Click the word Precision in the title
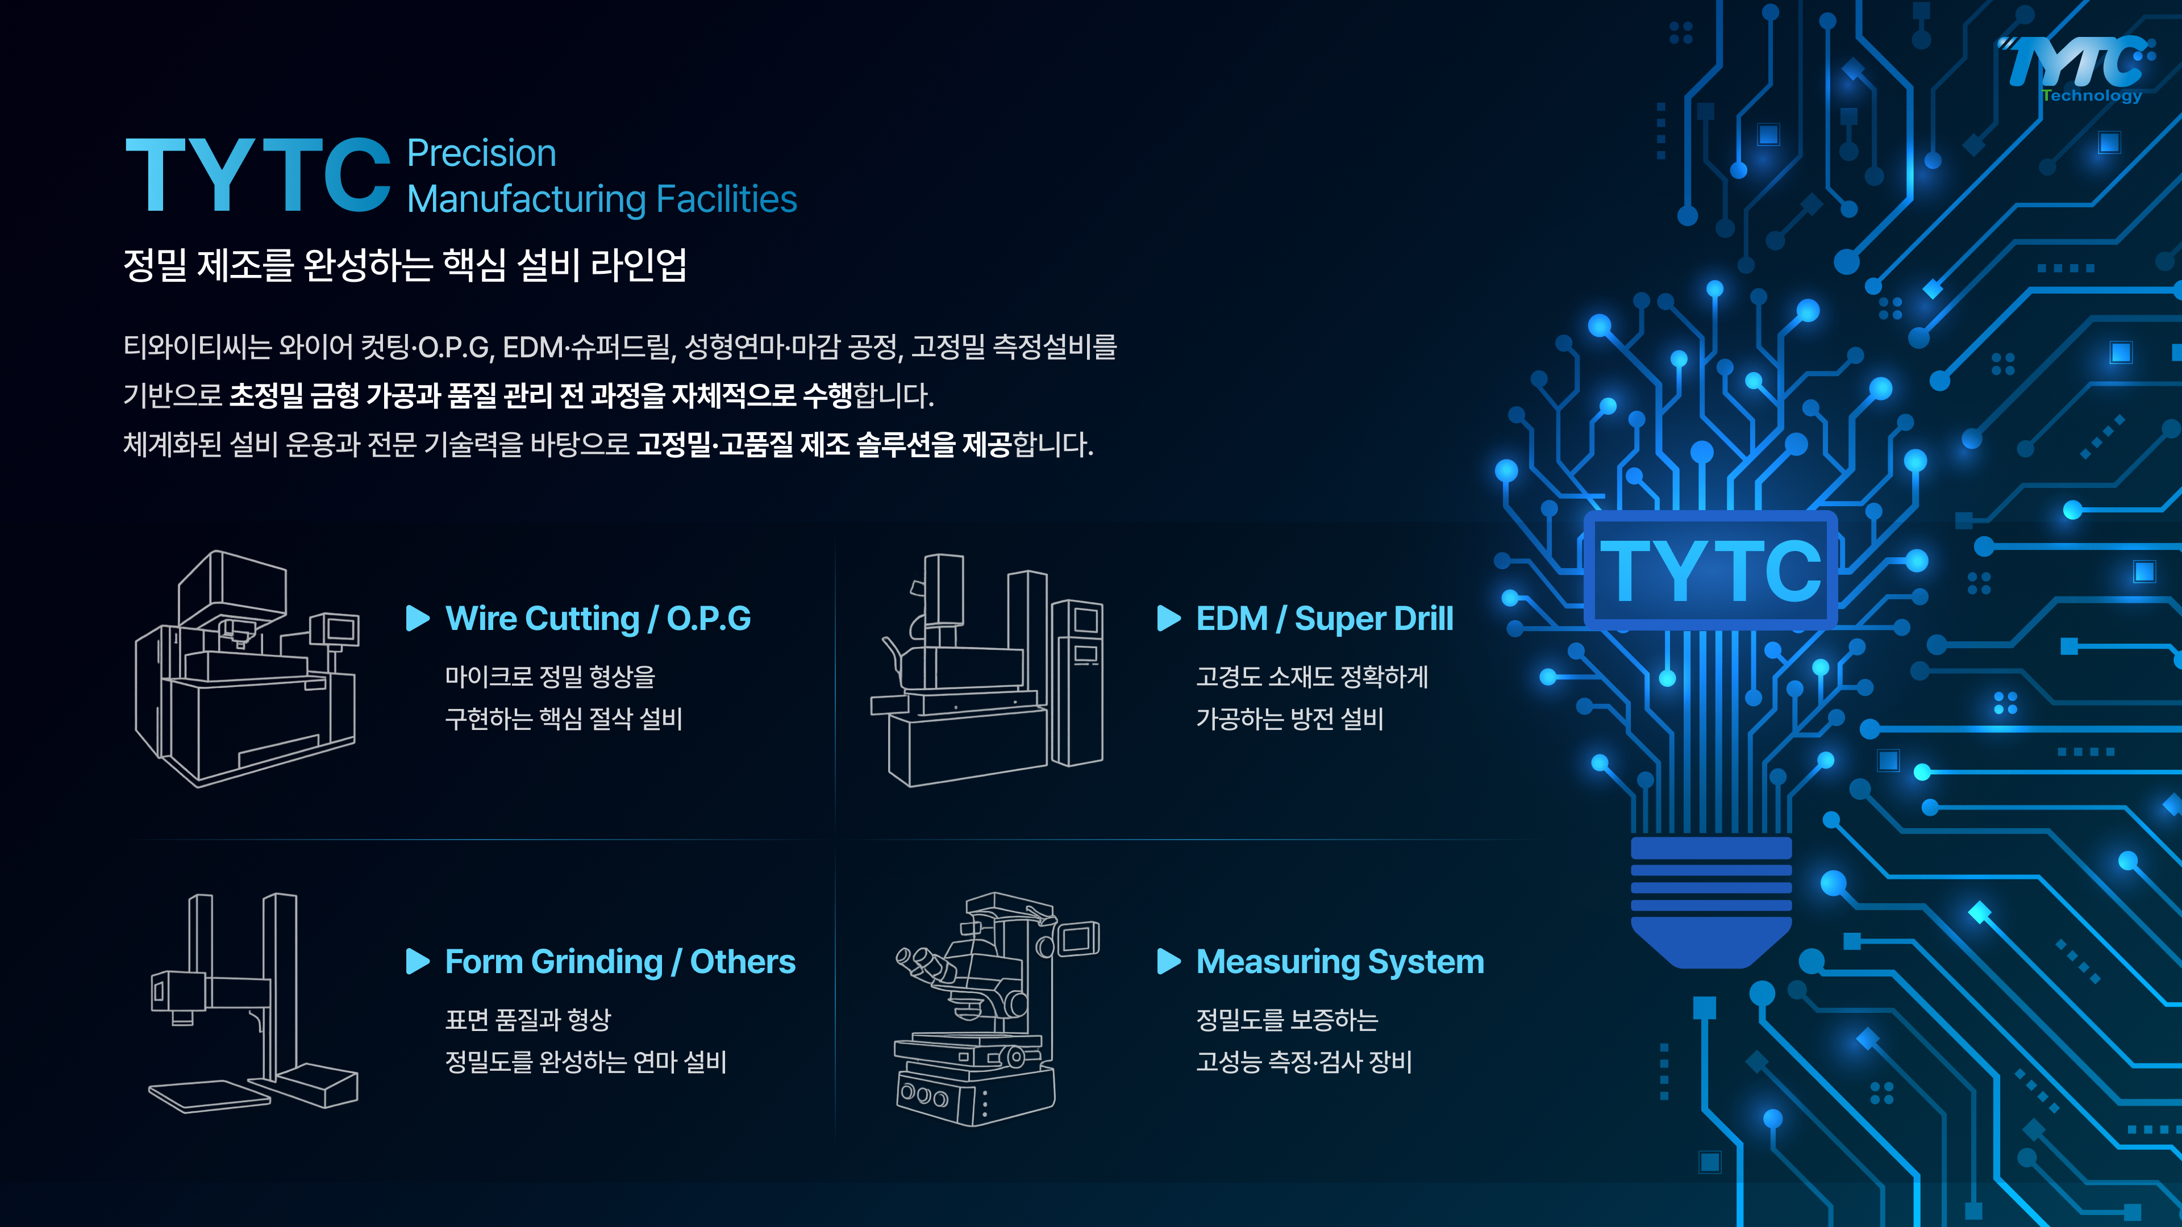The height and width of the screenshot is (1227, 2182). (x=481, y=153)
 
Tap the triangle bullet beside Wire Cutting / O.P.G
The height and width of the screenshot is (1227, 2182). (x=418, y=618)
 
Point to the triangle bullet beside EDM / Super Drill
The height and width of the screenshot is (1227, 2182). (x=1169, y=618)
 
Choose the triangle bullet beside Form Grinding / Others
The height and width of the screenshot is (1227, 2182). (x=418, y=961)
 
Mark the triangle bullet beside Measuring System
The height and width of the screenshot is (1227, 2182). (x=1169, y=961)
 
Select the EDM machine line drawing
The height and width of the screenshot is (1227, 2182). (x=988, y=670)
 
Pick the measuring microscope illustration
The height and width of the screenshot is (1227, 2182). (x=996, y=1008)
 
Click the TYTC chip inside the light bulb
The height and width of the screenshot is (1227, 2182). (x=1710, y=570)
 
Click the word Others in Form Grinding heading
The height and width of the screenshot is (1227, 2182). (x=743, y=962)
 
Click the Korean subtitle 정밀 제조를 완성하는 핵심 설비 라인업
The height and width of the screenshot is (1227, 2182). (x=405, y=265)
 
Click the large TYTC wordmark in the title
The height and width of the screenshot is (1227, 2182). (x=257, y=176)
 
